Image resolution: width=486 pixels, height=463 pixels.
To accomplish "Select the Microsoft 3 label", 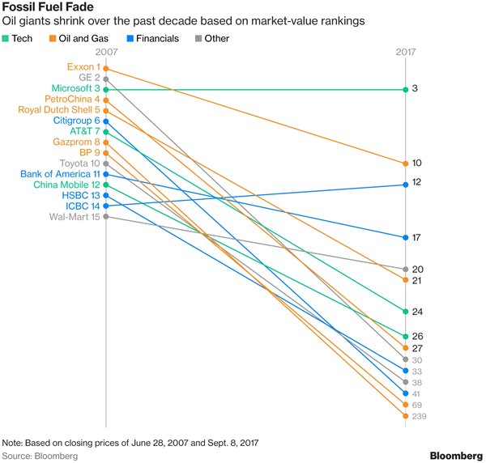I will tap(75, 88).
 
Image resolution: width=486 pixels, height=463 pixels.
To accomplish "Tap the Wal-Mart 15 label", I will tap(75, 216).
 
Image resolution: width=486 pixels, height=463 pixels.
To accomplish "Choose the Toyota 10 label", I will tap(79, 163).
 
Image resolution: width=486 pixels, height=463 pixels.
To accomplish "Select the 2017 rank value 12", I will tap(417, 183).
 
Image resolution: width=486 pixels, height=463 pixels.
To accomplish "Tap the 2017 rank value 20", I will tap(418, 269).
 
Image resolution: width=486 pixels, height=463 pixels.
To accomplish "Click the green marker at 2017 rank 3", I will tap(404, 89).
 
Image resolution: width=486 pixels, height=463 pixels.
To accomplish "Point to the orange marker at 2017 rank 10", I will tap(404, 164).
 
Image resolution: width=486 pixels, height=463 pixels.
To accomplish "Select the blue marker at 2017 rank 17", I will tap(404, 237).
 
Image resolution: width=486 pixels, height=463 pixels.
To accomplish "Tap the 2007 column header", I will tap(106, 53).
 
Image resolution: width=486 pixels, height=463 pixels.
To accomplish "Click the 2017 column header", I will tap(404, 53).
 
